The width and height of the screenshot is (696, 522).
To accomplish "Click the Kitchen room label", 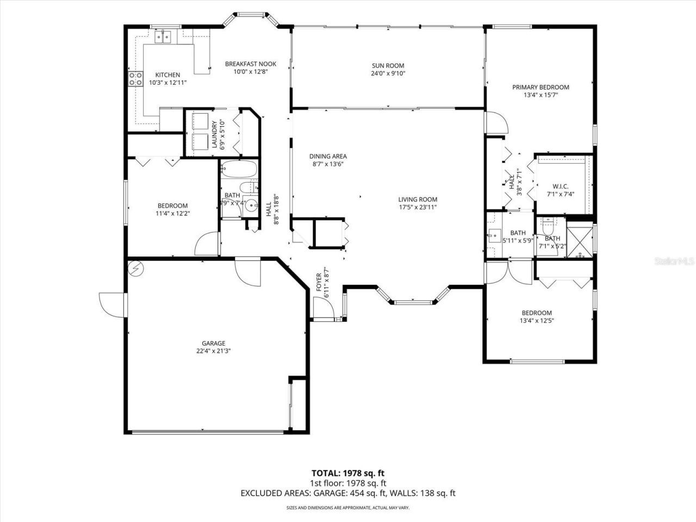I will click(167, 75).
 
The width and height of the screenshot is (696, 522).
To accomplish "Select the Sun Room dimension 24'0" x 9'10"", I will click(388, 73).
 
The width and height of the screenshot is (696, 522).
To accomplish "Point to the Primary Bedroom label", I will click(540, 87).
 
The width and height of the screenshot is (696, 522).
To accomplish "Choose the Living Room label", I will click(417, 200).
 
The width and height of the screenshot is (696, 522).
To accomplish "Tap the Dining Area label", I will click(328, 157).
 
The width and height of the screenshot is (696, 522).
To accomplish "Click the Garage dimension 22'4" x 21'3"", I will click(214, 351).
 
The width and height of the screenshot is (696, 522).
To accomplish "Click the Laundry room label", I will click(214, 134).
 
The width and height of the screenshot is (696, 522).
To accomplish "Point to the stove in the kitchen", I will click(135, 79).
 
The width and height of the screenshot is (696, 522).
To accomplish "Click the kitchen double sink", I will click(163, 36).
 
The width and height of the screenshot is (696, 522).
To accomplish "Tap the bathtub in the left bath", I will click(239, 170).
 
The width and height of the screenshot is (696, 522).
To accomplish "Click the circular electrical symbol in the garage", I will click(136, 269).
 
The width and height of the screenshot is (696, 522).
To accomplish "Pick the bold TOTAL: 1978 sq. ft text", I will click(348, 473).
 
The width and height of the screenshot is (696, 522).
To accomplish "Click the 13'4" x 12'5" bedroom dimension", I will click(536, 320).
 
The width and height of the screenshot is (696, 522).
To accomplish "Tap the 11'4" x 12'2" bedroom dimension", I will click(173, 213).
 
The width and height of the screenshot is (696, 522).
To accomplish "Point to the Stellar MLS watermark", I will click(674, 262).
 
